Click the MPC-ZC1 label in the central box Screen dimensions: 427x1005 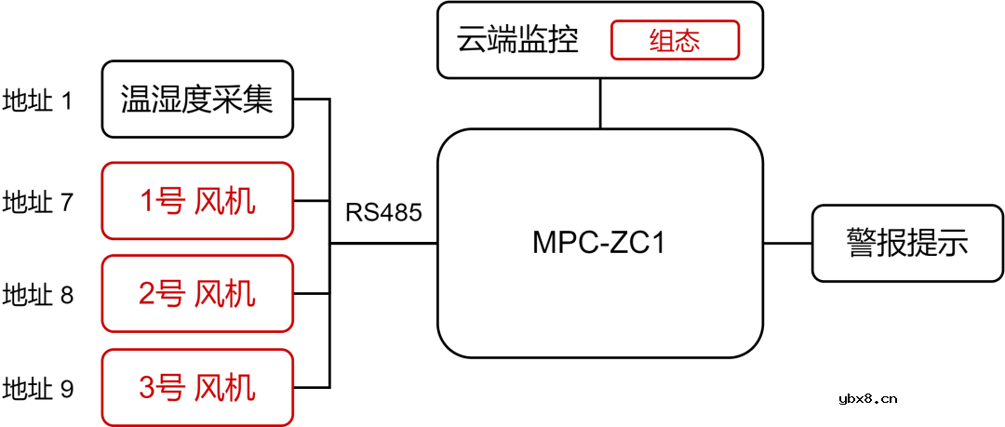[x=599, y=243]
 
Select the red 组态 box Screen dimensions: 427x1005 [x=675, y=41]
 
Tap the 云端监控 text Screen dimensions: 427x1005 [x=517, y=41]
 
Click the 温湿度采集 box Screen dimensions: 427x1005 [x=196, y=99]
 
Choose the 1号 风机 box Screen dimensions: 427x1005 [x=196, y=201]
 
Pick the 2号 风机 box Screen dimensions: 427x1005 [x=196, y=294]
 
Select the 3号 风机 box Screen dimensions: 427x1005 [x=196, y=387]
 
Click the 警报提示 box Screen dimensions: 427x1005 [x=907, y=243]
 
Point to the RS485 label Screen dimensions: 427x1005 [x=383, y=212]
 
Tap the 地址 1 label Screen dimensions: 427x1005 [x=37, y=100]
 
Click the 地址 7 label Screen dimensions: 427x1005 [x=37, y=202]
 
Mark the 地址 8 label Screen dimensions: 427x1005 [x=37, y=295]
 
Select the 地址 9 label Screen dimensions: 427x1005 [x=37, y=388]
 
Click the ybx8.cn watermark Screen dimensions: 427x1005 [x=866, y=399]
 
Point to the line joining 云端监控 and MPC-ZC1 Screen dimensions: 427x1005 [x=600, y=103]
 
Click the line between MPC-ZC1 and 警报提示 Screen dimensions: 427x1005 [x=787, y=244]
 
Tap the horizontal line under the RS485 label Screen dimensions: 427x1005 [x=383, y=244]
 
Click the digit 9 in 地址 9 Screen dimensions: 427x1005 [x=66, y=388]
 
